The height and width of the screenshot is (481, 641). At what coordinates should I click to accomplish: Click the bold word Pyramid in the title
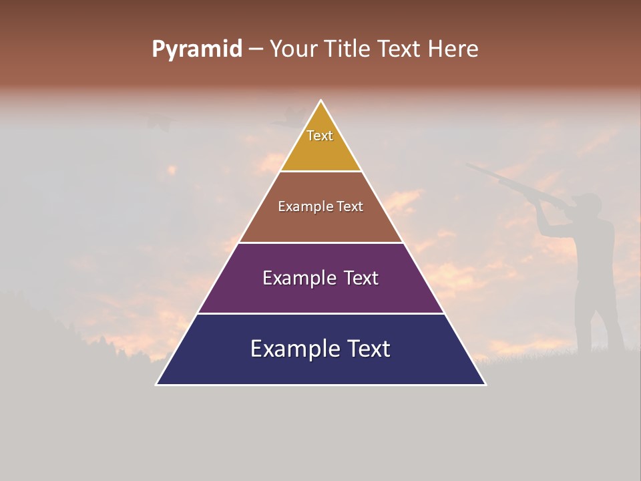[196, 49]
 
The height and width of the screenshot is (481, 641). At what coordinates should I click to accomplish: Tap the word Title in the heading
[350, 49]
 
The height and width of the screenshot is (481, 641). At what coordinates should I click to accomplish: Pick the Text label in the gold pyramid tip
[320, 136]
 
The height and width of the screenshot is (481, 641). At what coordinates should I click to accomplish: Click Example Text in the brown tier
[320, 206]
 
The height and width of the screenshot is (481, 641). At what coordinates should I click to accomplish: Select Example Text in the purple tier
[320, 278]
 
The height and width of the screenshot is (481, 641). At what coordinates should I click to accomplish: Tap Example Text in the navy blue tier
[320, 349]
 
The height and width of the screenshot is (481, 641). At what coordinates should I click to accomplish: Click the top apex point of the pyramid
[321, 100]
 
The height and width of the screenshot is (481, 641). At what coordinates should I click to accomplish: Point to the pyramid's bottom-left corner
[156, 385]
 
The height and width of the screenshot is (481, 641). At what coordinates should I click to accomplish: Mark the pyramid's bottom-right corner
[486, 385]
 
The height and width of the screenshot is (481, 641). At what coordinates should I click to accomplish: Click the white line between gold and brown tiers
[320, 172]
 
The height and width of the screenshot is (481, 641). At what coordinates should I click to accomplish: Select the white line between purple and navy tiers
[320, 313]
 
